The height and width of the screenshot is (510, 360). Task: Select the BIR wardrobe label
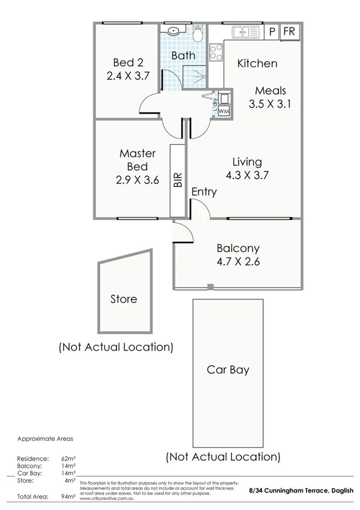point(178,181)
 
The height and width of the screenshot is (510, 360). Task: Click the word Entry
point(204,192)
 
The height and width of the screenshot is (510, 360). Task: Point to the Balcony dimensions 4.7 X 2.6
point(238,262)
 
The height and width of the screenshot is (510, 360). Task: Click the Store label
point(123,299)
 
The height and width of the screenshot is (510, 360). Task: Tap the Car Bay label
point(228,370)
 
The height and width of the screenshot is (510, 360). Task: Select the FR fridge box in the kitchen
point(288,31)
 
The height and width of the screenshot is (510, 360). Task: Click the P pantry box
point(272,31)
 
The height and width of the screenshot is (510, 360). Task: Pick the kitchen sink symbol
point(245,32)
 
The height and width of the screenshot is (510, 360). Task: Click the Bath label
point(183,55)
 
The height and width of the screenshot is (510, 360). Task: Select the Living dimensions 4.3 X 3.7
point(246,176)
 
